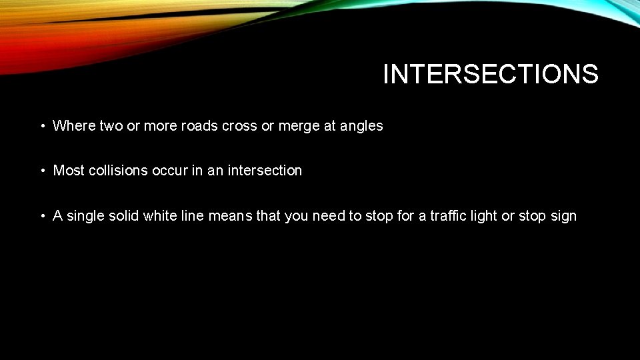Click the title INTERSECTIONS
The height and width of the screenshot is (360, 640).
tap(491, 74)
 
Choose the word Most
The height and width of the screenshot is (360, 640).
tap(69, 171)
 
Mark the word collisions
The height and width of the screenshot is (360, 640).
tap(118, 171)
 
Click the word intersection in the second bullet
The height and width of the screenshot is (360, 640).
tap(265, 171)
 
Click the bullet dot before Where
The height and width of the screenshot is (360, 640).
tap(42, 126)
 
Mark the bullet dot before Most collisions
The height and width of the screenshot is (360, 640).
tap(42, 171)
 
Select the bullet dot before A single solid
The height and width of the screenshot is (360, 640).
tap(42, 217)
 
